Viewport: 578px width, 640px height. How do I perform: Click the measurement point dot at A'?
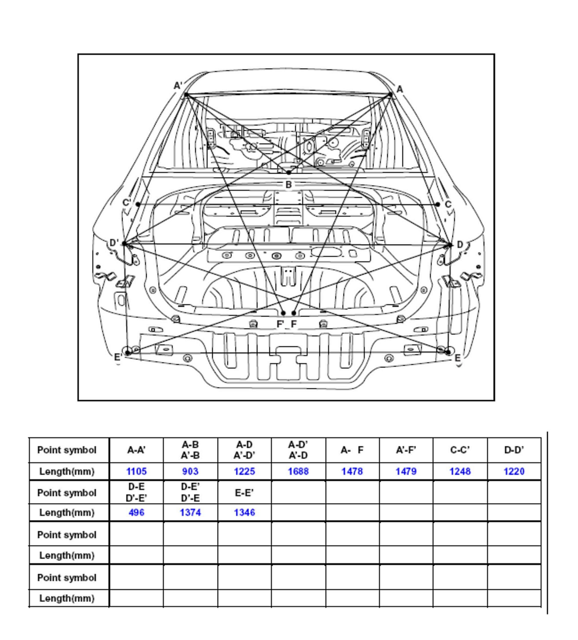pos(186,94)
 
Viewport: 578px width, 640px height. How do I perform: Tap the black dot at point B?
pos(288,173)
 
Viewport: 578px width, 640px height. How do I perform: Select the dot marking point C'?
pos(138,204)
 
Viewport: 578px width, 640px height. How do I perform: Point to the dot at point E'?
pos(127,352)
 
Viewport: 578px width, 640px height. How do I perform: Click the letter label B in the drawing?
pos(288,184)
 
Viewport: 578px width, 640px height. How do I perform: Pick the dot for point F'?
pos(283,313)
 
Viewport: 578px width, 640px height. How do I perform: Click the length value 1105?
pos(136,471)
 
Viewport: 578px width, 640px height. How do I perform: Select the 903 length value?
pos(190,471)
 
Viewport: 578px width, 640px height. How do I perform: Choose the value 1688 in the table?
pos(298,471)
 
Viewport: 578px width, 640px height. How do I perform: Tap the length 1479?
pos(406,471)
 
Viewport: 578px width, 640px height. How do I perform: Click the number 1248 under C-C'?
pos(460,471)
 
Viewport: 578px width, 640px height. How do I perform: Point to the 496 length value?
pos(136,513)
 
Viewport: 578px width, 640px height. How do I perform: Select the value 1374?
pos(190,513)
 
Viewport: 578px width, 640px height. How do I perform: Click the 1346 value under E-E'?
pos(244,513)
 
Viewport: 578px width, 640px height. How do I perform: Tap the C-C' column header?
pos(460,450)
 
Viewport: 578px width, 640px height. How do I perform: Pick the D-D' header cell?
pos(514,450)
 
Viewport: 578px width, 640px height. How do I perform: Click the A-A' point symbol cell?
pos(136,450)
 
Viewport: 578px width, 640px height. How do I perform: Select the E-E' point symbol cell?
pos(244,493)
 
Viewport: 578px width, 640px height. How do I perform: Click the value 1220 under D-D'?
pos(514,471)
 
